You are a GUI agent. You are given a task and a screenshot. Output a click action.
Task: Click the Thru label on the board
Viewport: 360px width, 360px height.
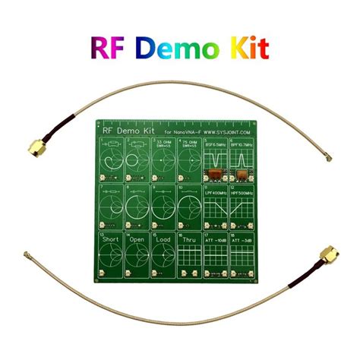coord(190,243)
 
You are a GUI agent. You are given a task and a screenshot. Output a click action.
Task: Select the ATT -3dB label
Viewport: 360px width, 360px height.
coord(245,244)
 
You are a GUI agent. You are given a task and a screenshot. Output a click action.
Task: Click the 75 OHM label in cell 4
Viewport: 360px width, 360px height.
coord(191,142)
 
